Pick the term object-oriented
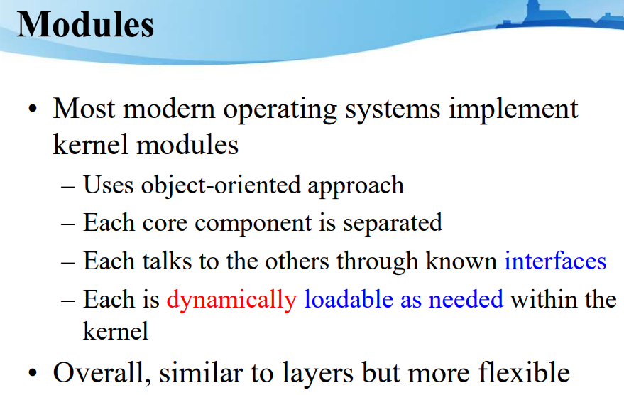222,186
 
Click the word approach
356,187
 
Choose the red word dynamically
231,299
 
